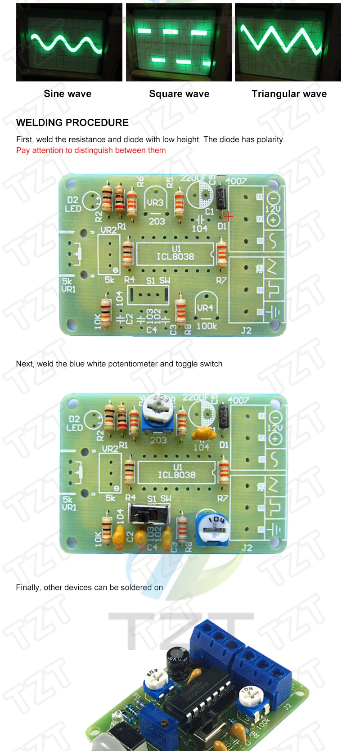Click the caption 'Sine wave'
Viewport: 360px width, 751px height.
[67, 94]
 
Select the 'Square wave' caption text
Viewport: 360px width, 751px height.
[179, 94]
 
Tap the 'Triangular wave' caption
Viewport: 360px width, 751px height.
[289, 94]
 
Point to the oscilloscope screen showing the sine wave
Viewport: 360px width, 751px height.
[69, 42]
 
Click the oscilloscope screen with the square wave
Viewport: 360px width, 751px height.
[179, 42]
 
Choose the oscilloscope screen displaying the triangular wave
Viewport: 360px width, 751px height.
[288, 42]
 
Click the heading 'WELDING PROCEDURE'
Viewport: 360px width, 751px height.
[72, 122]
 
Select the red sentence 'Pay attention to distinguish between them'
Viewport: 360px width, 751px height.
[91, 150]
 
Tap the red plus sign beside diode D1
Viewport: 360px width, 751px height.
[229, 216]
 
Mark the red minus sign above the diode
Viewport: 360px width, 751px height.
[221, 175]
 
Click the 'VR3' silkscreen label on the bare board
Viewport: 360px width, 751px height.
[155, 203]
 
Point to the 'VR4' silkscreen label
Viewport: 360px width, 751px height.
[205, 308]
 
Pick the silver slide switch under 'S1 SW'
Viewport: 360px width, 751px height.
[149, 513]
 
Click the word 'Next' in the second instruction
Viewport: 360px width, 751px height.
[24, 364]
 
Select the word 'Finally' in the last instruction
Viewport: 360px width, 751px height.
[28, 587]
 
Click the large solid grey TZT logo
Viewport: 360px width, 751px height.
[180, 630]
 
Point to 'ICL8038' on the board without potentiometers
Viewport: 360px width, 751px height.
[175, 256]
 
